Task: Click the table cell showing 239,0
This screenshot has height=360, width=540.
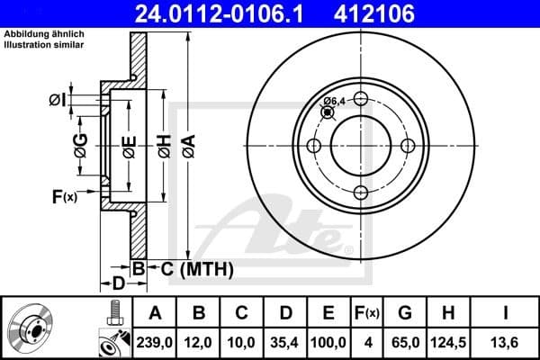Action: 155,343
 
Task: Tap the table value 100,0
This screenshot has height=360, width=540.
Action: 328,343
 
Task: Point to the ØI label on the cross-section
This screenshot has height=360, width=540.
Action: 57,100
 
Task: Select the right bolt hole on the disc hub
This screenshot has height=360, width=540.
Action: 408,146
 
